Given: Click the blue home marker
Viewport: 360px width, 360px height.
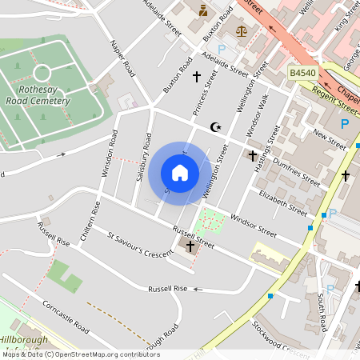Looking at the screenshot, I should click(180, 173).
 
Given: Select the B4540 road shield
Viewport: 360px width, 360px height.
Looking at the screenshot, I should click(302, 73).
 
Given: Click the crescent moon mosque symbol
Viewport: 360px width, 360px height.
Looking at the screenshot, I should click(214, 126).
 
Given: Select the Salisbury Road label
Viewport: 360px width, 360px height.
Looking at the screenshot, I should click(145, 156).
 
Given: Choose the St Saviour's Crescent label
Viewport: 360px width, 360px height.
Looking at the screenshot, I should click(140, 245).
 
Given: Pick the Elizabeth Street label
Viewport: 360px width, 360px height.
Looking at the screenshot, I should click(282, 203).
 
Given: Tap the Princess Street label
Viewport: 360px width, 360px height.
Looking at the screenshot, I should click(206, 92).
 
